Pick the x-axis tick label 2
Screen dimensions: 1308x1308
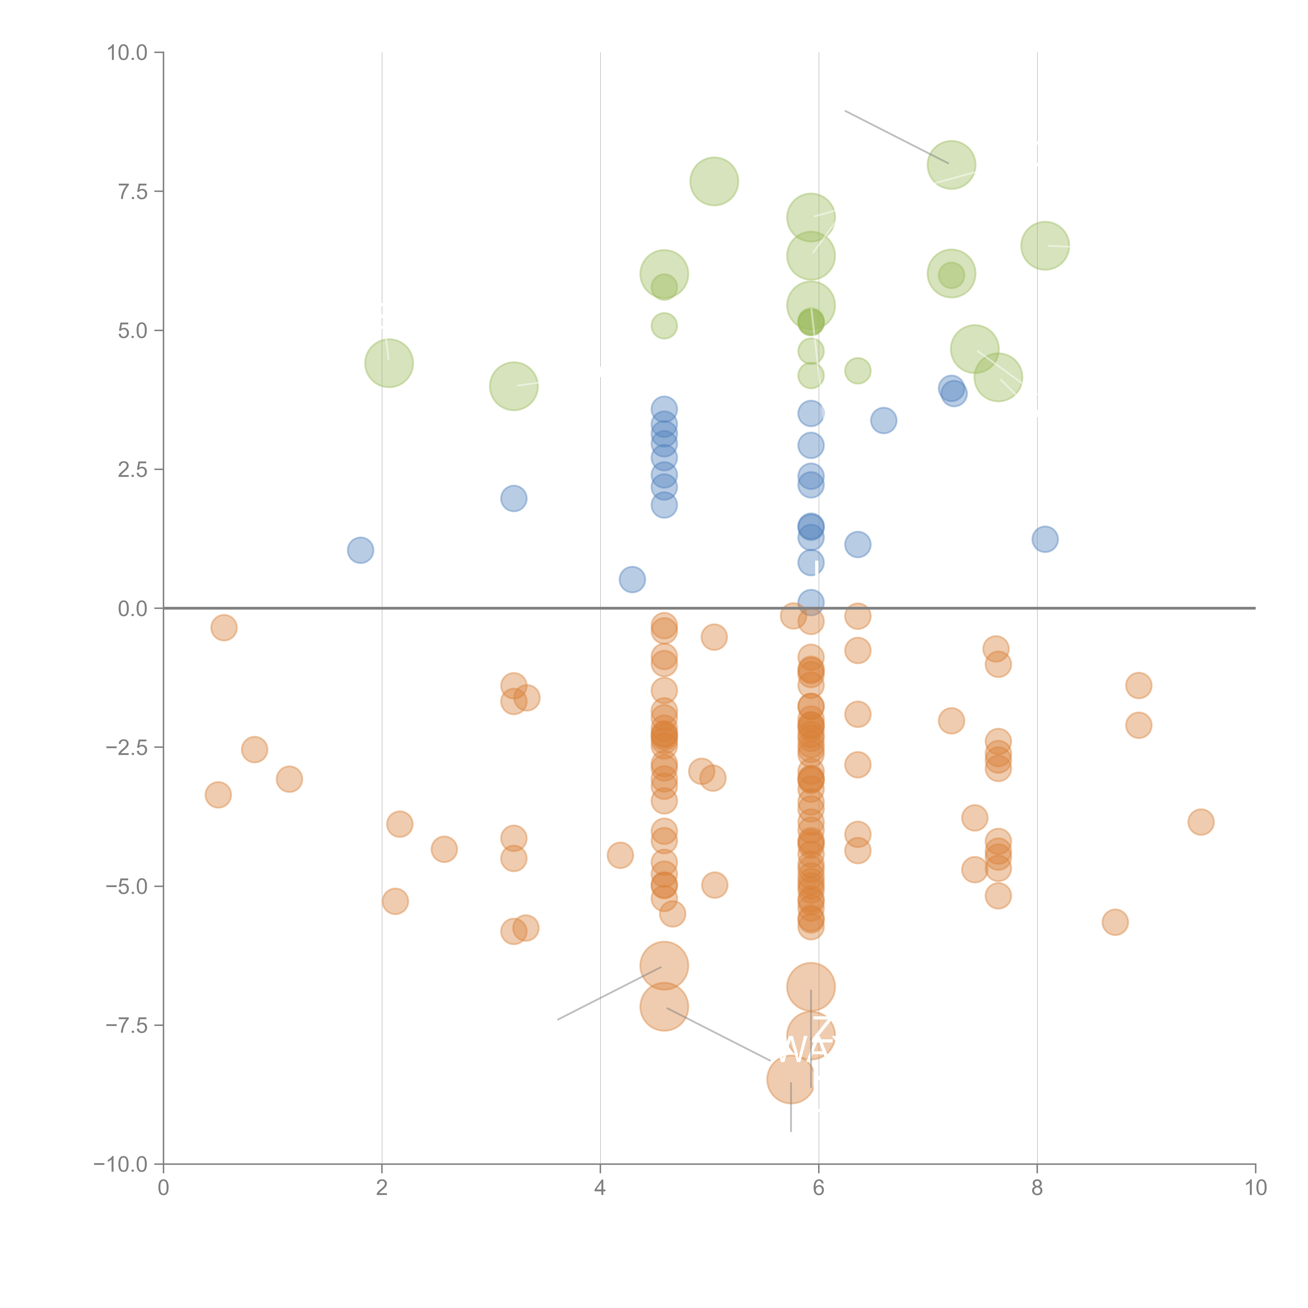(382, 1188)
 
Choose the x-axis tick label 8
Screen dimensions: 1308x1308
(1037, 1188)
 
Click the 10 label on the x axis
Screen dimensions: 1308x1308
(1255, 1188)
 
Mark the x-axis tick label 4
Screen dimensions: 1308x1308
(600, 1188)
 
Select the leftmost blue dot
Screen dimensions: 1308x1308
(360, 550)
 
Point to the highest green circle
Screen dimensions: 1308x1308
(951, 165)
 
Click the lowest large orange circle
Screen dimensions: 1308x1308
(791, 1079)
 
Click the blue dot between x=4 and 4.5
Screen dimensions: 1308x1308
(632, 579)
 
